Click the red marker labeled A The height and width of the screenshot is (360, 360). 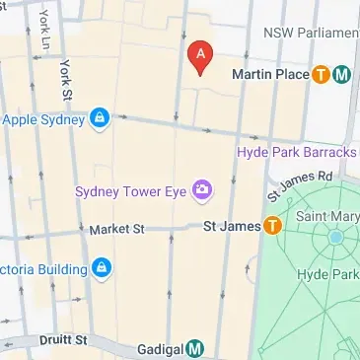point(200,57)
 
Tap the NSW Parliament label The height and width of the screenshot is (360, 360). point(310,34)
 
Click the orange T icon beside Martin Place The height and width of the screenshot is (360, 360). point(321,74)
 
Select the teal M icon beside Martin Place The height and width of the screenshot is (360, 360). point(341,74)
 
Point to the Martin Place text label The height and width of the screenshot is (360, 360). point(269,74)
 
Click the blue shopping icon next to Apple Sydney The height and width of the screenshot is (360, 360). point(99,120)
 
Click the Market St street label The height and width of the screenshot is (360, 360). point(116,229)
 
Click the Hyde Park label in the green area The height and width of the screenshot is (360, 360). point(331,274)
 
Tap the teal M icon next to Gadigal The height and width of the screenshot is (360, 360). point(196,348)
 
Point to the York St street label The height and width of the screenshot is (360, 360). point(67,79)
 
